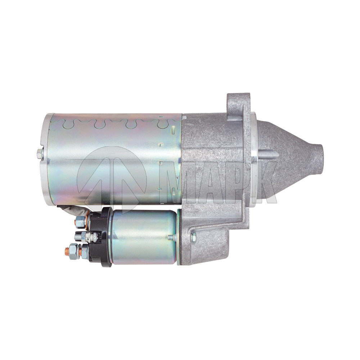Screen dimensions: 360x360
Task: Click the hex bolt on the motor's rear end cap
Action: pyautogui.click(x=39, y=154)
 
